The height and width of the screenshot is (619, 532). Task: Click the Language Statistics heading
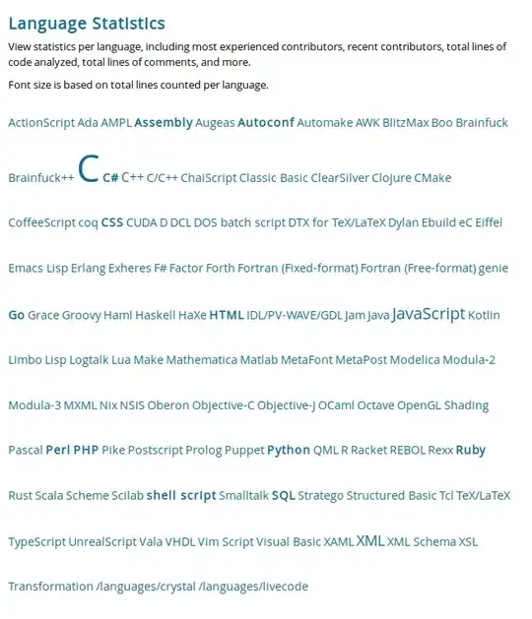click(87, 24)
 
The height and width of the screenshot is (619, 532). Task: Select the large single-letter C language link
click(88, 170)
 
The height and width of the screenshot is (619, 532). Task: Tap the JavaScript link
click(428, 314)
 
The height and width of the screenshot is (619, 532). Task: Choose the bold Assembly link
click(164, 123)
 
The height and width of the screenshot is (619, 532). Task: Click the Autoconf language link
click(265, 123)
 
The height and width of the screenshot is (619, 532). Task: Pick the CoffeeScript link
click(41, 223)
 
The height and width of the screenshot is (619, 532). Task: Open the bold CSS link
click(112, 223)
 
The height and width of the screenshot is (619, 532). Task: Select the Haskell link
click(155, 316)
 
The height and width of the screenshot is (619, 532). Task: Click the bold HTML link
click(226, 316)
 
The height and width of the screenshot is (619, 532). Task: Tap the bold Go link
click(16, 316)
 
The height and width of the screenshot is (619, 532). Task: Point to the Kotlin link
click(484, 316)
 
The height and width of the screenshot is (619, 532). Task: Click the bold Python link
click(289, 451)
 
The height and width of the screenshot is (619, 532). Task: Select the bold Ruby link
click(470, 451)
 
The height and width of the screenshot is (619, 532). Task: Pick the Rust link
click(20, 496)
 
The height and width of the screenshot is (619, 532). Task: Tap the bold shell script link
click(181, 496)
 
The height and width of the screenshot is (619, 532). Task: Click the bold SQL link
click(283, 496)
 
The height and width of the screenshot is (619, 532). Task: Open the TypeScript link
click(36, 542)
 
